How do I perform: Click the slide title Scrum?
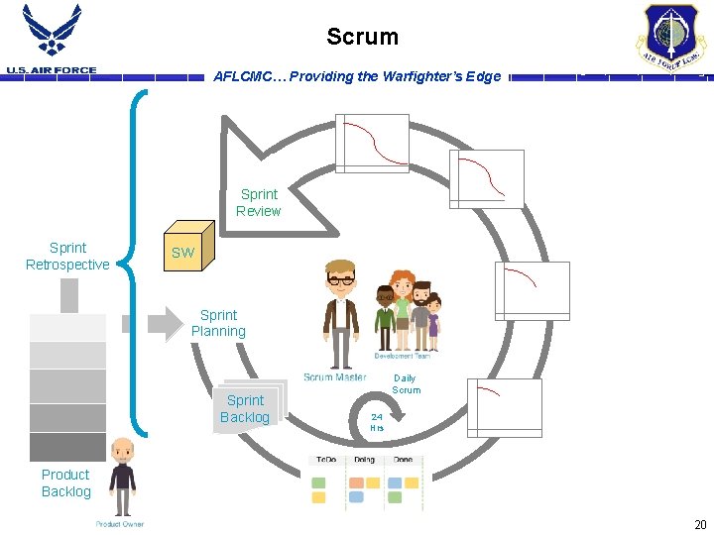pyautogui.click(x=362, y=38)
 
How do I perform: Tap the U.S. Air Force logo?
pyautogui.click(x=51, y=40)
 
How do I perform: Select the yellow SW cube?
pyautogui.click(x=187, y=248)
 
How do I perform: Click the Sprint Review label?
pyautogui.click(x=259, y=202)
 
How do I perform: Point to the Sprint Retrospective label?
pyautogui.click(x=67, y=256)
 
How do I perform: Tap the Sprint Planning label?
pyautogui.click(x=218, y=323)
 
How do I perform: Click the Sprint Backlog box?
pyautogui.click(x=246, y=408)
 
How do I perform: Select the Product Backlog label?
pyautogui.click(x=65, y=482)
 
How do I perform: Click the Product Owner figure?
pyautogui.click(x=121, y=476)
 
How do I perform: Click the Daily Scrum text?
pyautogui.click(x=406, y=383)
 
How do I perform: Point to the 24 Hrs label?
pyautogui.click(x=377, y=422)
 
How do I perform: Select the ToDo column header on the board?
pyautogui.click(x=324, y=460)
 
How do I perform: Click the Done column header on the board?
pyautogui.click(x=404, y=460)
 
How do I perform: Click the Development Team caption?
pyautogui.click(x=403, y=355)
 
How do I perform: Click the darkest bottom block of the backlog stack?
pyautogui.click(x=67, y=447)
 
